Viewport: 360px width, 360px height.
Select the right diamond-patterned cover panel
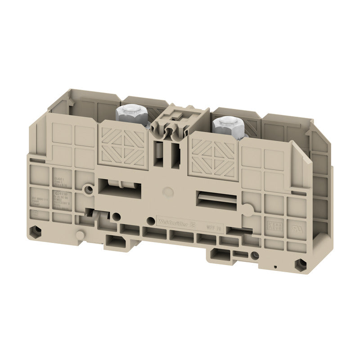pyautogui.click(x=213, y=157)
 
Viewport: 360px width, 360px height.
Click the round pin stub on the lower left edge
pyautogui.click(x=80, y=234)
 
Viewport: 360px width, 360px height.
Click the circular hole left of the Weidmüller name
pyautogui.click(x=150, y=220)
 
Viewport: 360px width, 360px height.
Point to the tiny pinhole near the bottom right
pyautogui.click(x=275, y=267)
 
